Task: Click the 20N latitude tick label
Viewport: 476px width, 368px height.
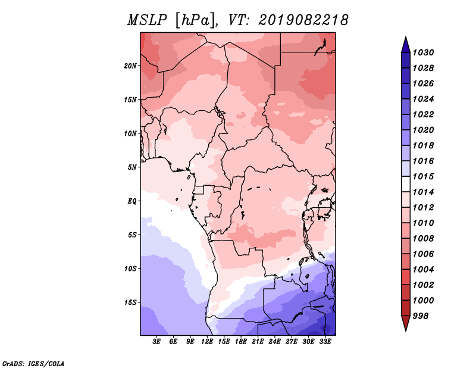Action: point(130,66)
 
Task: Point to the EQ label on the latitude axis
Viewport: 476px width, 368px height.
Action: point(132,201)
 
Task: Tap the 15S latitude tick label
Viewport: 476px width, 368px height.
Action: point(130,302)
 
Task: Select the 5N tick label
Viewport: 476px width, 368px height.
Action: point(132,167)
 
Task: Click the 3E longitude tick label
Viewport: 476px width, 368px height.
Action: point(156,342)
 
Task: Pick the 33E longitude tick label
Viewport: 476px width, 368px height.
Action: point(325,342)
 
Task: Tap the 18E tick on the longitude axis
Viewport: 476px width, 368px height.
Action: point(241,342)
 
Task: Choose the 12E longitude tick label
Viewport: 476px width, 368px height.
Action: point(207,342)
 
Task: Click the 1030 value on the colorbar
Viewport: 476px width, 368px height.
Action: point(424,52)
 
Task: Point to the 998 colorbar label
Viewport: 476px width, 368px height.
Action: point(421,316)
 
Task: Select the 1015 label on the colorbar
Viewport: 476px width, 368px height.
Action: point(424,176)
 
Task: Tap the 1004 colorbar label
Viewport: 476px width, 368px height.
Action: point(424,270)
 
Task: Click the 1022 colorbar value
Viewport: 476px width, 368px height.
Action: point(424,114)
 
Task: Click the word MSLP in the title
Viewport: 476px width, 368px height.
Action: point(147,20)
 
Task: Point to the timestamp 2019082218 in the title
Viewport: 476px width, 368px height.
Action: point(303,20)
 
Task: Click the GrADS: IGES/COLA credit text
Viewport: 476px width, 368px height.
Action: point(33,363)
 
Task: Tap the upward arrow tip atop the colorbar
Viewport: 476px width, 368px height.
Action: point(406,37)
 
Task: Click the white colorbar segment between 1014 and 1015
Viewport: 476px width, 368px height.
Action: point(406,184)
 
